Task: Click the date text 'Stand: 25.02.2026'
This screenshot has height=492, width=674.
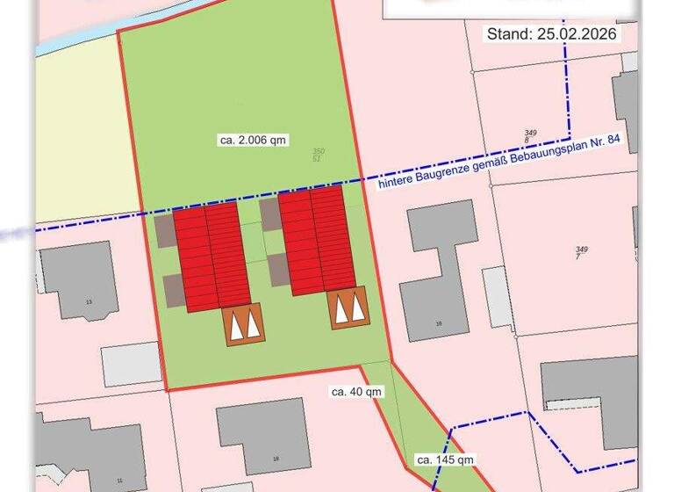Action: pyautogui.click(x=552, y=34)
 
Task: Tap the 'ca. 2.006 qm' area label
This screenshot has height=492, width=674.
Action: pyautogui.click(x=254, y=140)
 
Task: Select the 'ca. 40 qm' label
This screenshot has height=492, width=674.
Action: pyautogui.click(x=356, y=391)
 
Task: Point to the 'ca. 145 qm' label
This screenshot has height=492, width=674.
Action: pyautogui.click(x=445, y=459)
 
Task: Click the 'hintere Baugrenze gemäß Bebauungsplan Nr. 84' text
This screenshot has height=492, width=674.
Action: pyautogui.click(x=505, y=163)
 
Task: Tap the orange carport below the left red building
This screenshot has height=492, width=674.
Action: pyautogui.click(x=244, y=324)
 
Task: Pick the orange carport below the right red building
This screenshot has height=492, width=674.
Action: pyautogui.click(x=348, y=307)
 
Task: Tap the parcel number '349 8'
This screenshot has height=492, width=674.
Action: pyautogui.click(x=530, y=136)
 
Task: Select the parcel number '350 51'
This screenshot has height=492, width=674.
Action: pyautogui.click(x=319, y=155)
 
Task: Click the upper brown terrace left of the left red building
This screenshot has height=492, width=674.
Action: pyautogui.click(x=165, y=231)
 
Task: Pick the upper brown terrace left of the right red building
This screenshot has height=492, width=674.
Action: pyautogui.click(x=269, y=213)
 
